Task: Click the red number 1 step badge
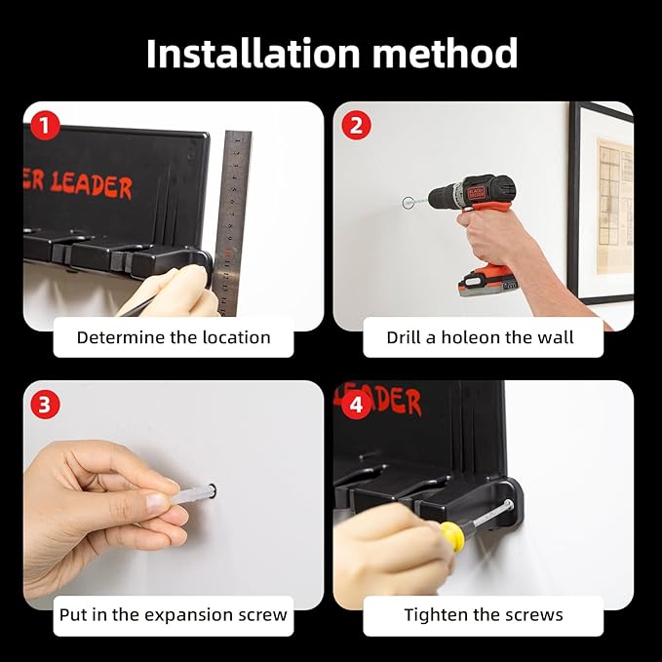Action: (x=45, y=126)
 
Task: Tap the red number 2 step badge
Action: (x=356, y=126)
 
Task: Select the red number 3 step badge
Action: (x=45, y=404)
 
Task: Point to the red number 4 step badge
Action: (x=357, y=404)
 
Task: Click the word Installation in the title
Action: (x=253, y=54)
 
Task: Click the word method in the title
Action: (x=445, y=54)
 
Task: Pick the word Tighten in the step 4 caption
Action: (x=437, y=614)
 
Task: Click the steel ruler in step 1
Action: (x=230, y=223)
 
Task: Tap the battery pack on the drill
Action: (x=488, y=282)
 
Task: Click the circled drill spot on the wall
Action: (x=408, y=203)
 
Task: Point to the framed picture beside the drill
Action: (x=601, y=203)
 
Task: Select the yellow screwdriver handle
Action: (x=450, y=533)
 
